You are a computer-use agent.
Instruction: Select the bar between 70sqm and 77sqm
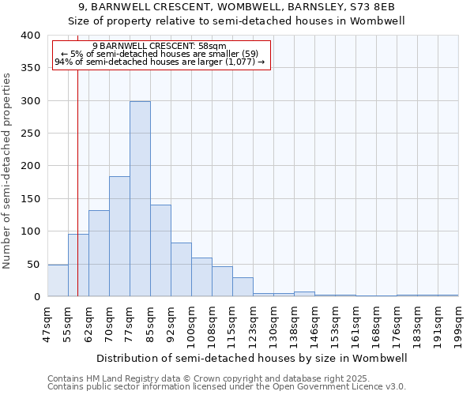pos(119,237)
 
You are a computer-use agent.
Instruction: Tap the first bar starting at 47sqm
pos(58,281)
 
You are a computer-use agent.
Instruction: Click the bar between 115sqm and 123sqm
pos(243,288)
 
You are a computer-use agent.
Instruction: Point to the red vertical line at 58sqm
pos(77,182)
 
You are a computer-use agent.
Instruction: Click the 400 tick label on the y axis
pos(30,36)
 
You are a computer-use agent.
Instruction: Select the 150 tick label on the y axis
pos(30,199)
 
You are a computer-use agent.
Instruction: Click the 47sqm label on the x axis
pos(47,322)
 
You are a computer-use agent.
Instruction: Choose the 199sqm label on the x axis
pos(459,322)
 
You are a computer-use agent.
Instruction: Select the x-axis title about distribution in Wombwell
pos(253,358)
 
